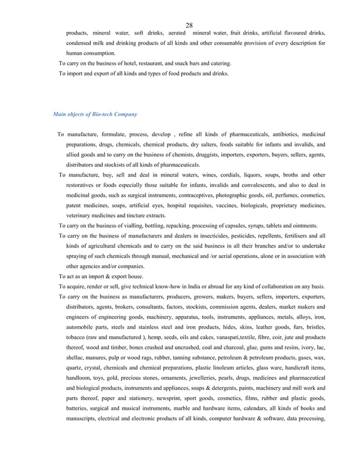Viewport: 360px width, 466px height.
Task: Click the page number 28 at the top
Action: [x=189, y=25]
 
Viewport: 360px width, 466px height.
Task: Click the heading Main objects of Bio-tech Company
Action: [x=95, y=114]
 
